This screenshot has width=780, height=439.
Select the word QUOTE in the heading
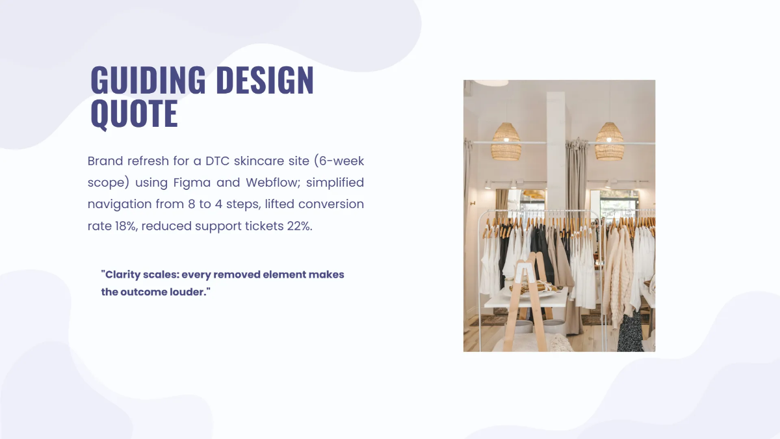pyautogui.click(x=134, y=113)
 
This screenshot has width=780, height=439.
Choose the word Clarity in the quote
pyautogui.click(x=123, y=274)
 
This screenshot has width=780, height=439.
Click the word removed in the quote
pyautogui.click(x=235, y=274)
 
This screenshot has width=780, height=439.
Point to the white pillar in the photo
pyautogui.click(x=556, y=150)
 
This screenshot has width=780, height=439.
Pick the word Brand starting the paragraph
pyautogui.click(x=105, y=161)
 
